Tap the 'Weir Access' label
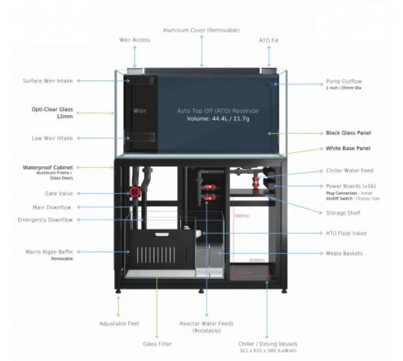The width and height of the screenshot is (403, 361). (134, 40)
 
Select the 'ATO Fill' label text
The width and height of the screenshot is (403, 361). (269, 40)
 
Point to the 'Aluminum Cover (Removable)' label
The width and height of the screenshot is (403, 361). (201, 30)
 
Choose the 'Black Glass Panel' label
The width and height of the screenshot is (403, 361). (348, 133)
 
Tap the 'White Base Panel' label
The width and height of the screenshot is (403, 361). (348, 148)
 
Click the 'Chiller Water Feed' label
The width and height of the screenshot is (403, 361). (349, 171)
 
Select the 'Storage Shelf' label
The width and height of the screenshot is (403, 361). (343, 213)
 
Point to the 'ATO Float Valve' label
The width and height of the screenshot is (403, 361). (346, 233)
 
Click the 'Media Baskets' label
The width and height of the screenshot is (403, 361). (344, 253)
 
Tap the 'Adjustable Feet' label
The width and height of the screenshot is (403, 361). (119, 323)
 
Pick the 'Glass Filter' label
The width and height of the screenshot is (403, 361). (157, 344)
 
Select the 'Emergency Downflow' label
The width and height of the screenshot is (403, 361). (45, 220)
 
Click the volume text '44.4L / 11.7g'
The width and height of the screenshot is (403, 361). (218, 119)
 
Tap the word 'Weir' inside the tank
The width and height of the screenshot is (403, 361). (139, 111)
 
